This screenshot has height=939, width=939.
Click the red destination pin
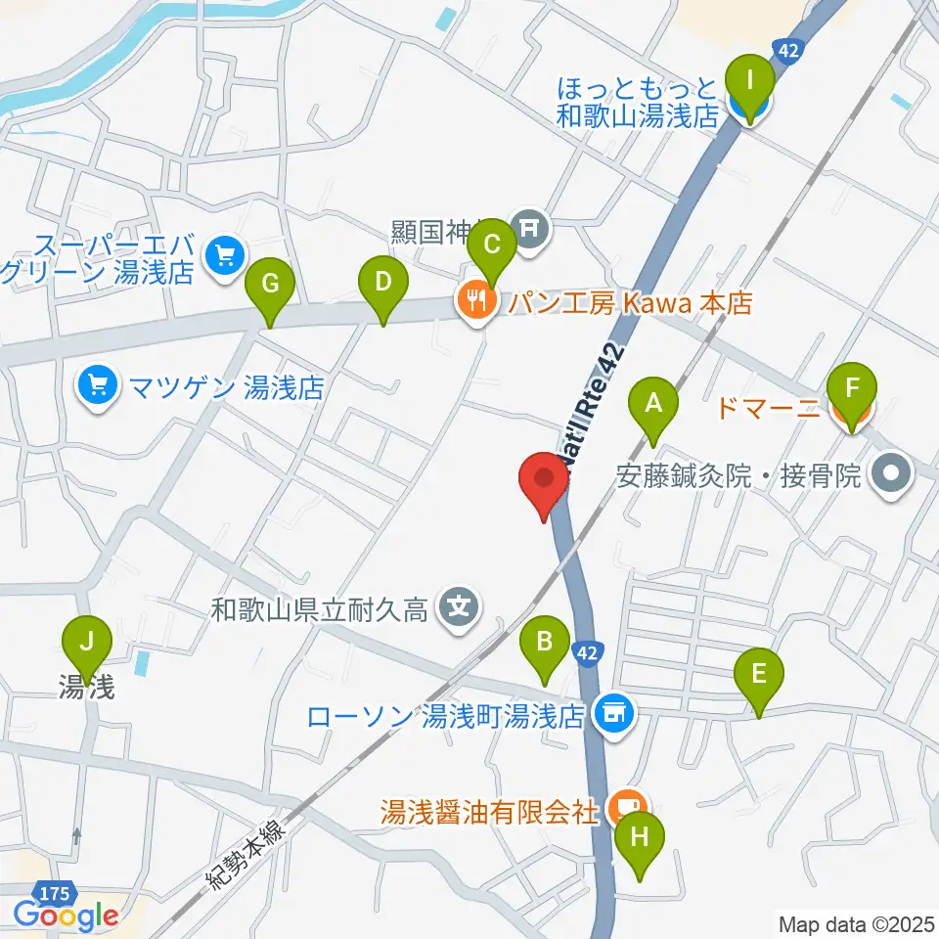click(545, 482)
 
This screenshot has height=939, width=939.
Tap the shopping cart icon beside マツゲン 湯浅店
click(97, 388)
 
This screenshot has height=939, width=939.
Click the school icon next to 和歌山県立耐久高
click(456, 610)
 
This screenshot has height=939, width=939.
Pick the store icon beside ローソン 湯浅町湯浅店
click(613, 715)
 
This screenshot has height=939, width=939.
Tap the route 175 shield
click(55, 892)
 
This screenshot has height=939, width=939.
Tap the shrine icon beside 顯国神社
click(531, 230)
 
